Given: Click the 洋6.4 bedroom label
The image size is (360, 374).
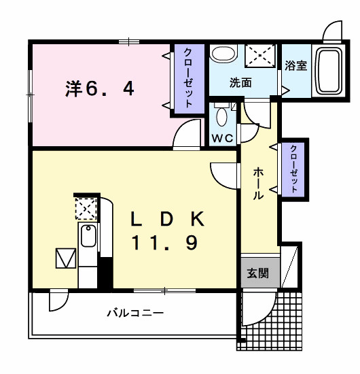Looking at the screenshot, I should pyautogui.click(x=100, y=88).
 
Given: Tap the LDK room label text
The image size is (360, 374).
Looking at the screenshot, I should pyautogui.click(x=167, y=219).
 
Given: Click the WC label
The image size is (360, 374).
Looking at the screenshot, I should pyautogui.click(x=222, y=138).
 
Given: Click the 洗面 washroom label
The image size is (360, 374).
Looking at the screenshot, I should pyautogui.click(x=240, y=83).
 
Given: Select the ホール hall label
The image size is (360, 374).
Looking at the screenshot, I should pyautogui.click(x=259, y=184).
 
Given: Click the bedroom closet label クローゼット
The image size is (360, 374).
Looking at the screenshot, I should pyautogui.click(x=188, y=78).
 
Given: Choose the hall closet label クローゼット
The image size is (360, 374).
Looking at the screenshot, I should pyautogui.click(x=293, y=167).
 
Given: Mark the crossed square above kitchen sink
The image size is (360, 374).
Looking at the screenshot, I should pyautogui.click(x=86, y=208).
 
